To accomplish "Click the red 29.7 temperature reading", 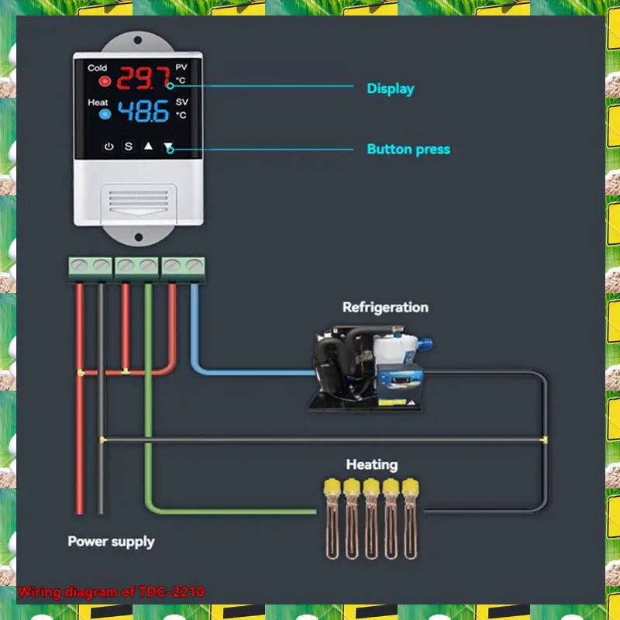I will [144, 79].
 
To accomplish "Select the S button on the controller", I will [129, 146].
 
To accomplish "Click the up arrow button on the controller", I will [148, 146].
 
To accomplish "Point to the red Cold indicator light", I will [105, 81].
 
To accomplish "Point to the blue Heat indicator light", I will [105, 115].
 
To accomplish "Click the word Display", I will [390, 88].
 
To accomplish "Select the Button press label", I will [408, 149].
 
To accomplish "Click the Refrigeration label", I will [385, 307].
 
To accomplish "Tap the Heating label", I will [371, 464].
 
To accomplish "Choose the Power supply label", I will [111, 541].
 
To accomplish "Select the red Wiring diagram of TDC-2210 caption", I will [111, 592].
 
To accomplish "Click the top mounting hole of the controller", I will [138, 41].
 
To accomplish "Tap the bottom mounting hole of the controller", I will [138, 236].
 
